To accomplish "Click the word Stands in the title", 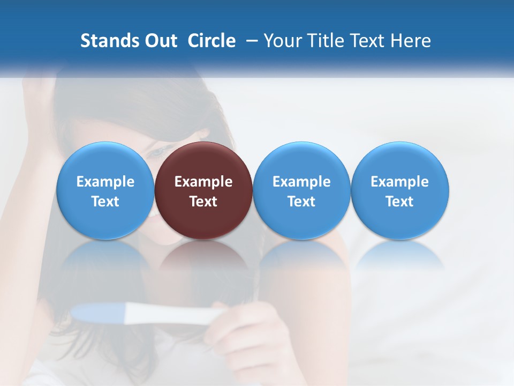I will [102, 41].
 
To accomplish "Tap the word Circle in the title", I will [211, 41].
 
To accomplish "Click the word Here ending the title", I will [411, 41].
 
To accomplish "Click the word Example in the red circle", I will [203, 182].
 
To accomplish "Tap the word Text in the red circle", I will [203, 202].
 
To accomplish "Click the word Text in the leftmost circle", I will [105, 202].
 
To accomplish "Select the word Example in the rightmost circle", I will [399, 182].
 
